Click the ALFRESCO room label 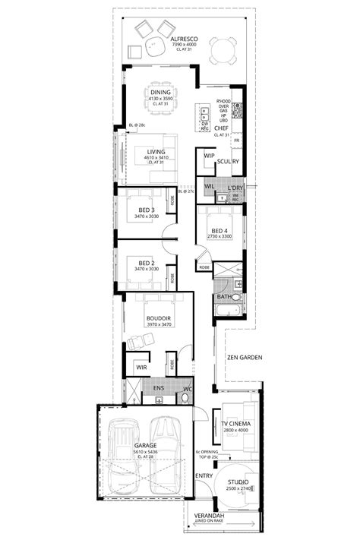click(184, 37)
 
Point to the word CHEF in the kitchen click(222, 129)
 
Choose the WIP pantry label click(209, 156)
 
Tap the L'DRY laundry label click(234, 187)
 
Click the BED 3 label click(147, 210)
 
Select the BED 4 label click(221, 231)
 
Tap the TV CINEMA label click(236, 424)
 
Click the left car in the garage click(122, 457)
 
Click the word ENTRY click(204, 476)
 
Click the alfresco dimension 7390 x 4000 click(184, 44)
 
